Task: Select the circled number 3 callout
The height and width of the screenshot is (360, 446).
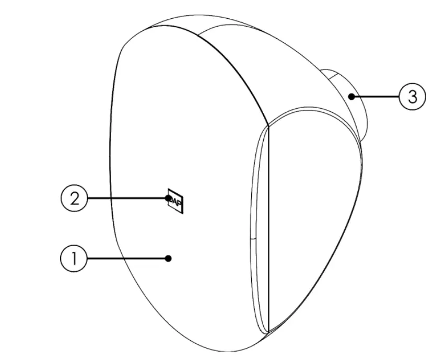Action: [412, 97]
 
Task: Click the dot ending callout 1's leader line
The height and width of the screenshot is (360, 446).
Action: [168, 258]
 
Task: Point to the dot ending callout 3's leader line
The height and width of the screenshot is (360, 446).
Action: [354, 97]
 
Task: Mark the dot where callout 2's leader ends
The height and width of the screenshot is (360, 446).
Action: [168, 199]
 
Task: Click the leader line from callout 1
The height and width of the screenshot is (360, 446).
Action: [125, 259]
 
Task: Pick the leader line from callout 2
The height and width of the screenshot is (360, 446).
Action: [125, 199]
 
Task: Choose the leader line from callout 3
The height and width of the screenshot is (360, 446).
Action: [376, 97]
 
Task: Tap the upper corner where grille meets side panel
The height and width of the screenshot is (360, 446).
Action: [268, 125]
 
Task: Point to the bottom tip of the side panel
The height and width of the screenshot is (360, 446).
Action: [268, 332]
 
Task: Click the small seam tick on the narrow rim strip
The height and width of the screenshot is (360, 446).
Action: [253, 238]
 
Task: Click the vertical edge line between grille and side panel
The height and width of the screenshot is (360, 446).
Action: [268, 230]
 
